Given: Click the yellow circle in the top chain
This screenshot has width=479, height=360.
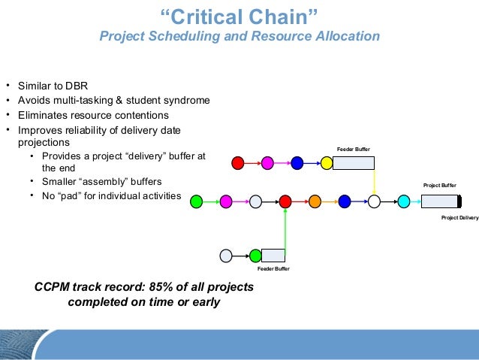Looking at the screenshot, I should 327,162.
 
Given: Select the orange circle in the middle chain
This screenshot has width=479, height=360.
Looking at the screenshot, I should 315,201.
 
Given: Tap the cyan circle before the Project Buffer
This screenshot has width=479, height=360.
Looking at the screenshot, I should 403,201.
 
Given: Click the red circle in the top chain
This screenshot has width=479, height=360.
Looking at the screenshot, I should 238,162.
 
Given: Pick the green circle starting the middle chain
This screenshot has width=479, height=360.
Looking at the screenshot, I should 197,201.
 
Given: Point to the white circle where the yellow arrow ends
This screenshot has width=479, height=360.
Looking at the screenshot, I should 374,201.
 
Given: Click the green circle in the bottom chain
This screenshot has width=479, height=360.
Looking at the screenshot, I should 255,256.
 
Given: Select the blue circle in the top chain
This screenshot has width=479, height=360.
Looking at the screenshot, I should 297,162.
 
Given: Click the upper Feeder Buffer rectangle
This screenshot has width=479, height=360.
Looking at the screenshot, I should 353,162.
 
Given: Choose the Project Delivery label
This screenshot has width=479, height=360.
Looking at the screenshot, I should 459,218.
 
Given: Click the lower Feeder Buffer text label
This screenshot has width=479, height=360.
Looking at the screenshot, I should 273,268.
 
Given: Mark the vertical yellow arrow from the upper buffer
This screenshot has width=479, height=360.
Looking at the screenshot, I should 374,180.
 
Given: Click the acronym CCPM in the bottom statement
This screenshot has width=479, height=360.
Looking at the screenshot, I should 53,287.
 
